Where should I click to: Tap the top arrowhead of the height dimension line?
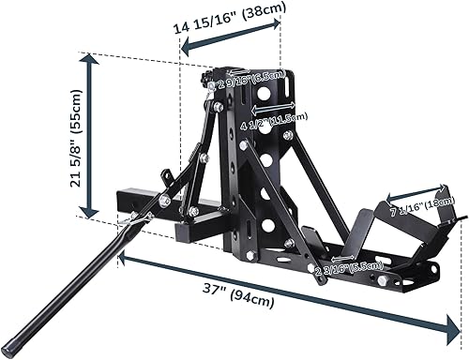click(x=90, y=60)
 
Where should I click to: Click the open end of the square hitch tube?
click(x=123, y=202)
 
